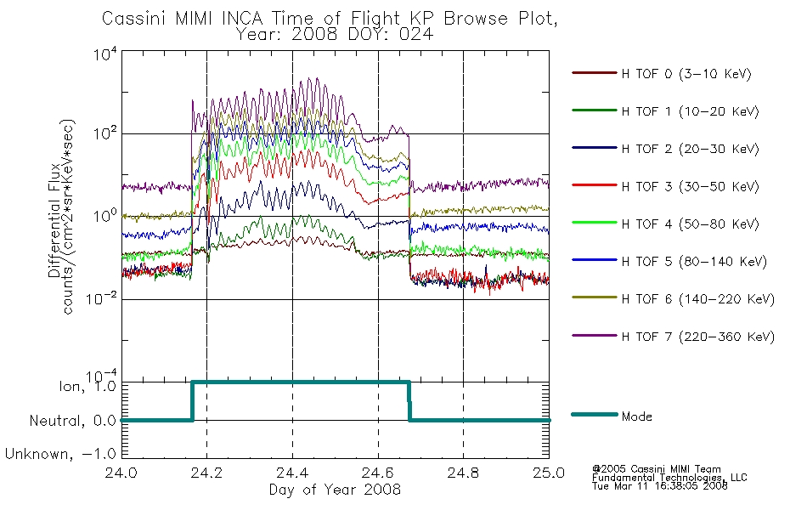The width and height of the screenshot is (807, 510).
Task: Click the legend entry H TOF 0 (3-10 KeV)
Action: tap(686, 74)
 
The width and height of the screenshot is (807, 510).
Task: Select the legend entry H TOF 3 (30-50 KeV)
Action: tap(690, 186)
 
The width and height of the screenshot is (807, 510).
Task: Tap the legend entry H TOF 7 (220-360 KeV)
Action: tap(698, 337)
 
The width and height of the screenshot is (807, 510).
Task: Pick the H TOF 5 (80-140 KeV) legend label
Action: tap(694, 262)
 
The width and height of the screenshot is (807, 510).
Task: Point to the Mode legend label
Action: tap(636, 416)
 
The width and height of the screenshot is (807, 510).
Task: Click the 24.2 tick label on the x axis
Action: tap(206, 473)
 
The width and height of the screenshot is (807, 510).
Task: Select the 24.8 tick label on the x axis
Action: tap(463, 473)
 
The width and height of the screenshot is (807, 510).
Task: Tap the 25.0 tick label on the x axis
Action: tap(549, 473)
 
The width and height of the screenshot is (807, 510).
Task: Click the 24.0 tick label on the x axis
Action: tap(121, 473)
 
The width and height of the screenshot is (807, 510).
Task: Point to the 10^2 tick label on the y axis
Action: tap(105, 133)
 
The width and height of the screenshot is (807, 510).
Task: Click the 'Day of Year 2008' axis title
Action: tap(335, 490)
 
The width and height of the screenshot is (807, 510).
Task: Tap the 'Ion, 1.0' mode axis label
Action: tap(87, 385)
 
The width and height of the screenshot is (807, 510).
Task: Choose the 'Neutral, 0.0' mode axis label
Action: tap(73, 421)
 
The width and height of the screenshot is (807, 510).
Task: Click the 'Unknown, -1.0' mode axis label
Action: tap(60, 454)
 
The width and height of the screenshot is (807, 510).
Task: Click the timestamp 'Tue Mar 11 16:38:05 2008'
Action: tap(660, 486)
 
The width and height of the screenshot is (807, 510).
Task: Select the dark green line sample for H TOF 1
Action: tap(595, 110)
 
